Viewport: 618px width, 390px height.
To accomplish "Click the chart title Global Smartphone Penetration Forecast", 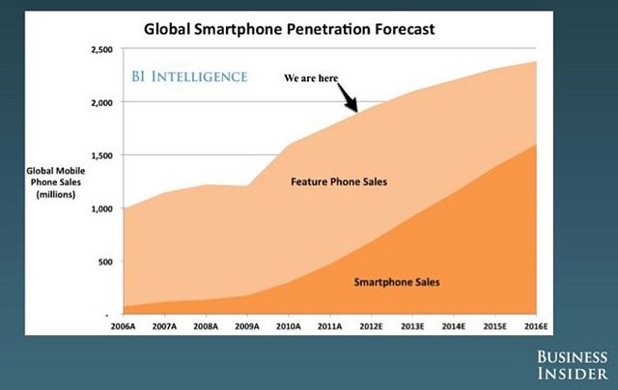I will [290, 29].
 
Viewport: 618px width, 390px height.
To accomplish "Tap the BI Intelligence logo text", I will [189, 75].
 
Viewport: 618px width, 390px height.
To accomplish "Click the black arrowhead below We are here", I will [354, 109].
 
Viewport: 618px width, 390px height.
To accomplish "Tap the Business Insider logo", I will [572, 365].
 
